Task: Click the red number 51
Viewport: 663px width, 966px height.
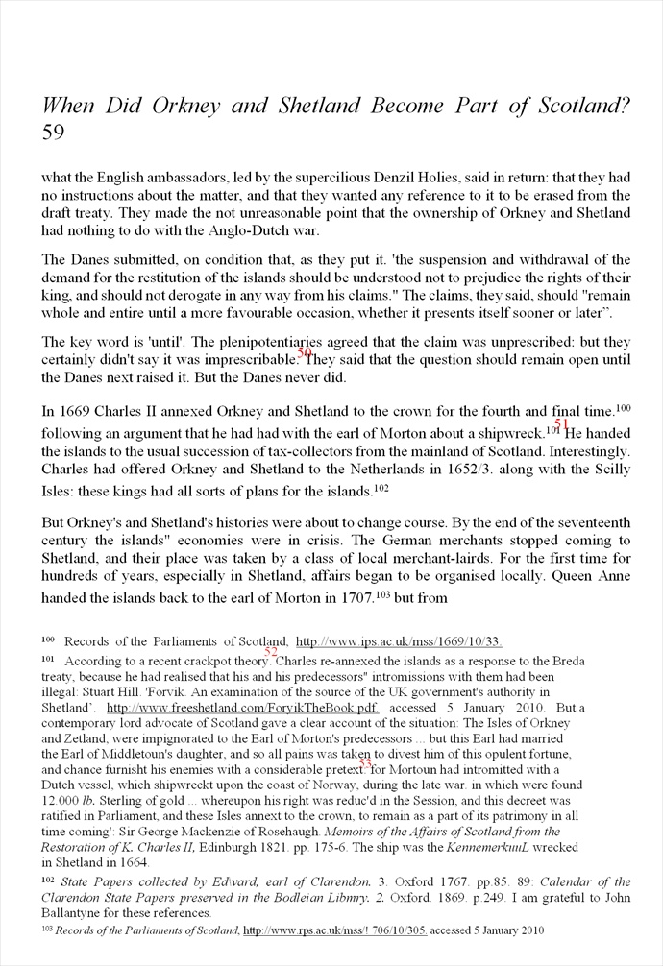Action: (x=562, y=423)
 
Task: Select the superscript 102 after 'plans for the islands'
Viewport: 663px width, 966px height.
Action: (x=381, y=489)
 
